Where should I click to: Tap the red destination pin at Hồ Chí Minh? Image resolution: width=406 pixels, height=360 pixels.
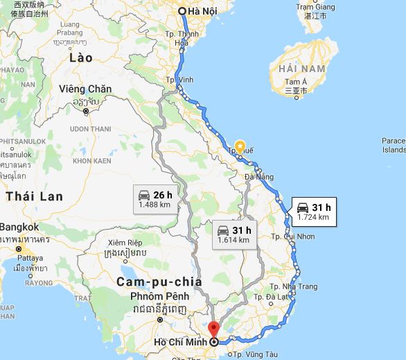click(x=213, y=329)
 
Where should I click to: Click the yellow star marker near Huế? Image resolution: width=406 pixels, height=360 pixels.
click(x=240, y=146)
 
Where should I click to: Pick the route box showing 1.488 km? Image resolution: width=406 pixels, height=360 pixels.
click(x=154, y=199)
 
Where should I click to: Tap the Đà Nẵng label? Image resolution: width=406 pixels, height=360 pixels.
click(x=258, y=177)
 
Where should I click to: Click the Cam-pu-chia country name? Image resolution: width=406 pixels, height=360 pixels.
click(x=159, y=282)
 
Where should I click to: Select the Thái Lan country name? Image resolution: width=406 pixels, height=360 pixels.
click(x=35, y=196)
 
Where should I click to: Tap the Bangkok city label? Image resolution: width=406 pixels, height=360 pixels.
click(x=19, y=227)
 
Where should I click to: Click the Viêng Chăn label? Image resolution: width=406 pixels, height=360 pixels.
click(x=85, y=89)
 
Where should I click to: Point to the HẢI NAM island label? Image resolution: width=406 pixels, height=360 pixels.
click(x=301, y=69)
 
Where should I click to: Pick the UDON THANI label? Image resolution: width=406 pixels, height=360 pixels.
click(x=90, y=128)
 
